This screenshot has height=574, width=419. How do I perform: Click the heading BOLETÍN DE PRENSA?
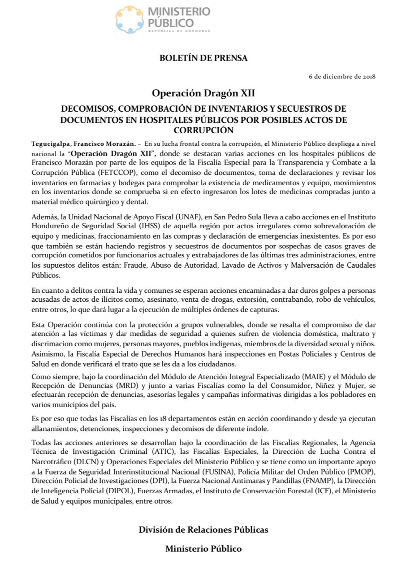click(203, 58)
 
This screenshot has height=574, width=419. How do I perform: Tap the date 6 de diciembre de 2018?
click(342, 76)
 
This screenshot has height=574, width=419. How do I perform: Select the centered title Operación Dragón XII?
click(203, 93)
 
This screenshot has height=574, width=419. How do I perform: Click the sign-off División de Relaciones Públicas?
click(203, 530)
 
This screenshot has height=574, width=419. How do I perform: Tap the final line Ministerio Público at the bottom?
click(203, 548)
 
